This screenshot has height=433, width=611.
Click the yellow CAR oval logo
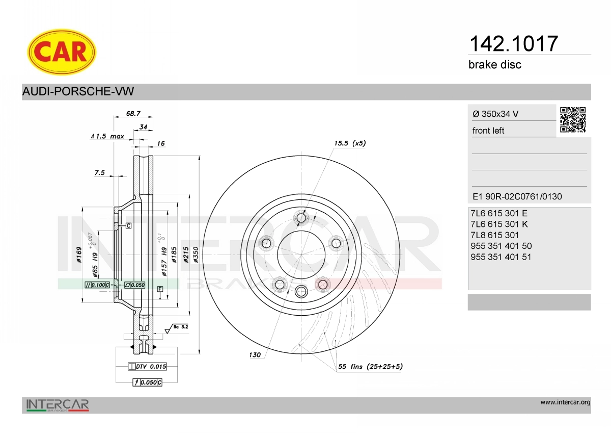pyautogui.click(x=62, y=52)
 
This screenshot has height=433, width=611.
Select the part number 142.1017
pyautogui.click(x=513, y=44)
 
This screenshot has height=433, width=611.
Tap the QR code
pyautogui.click(x=573, y=120)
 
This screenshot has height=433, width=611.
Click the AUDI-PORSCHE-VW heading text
pyautogui.click(x=78, y=91)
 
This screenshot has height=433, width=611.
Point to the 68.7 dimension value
pyautogui.click(x=133, y=113)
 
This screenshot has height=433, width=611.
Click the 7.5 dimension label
pyautogui.click(x=100, y=173)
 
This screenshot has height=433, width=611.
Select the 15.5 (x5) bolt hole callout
pyautogui.click(x=350, y=143)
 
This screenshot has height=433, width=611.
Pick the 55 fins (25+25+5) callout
pyautogui.click(x=371, y=366)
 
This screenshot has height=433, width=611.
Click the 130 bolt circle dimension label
pyautogui.click(x=255, y=354)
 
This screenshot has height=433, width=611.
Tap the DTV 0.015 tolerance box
pyautogui.click(x=147, y=366)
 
